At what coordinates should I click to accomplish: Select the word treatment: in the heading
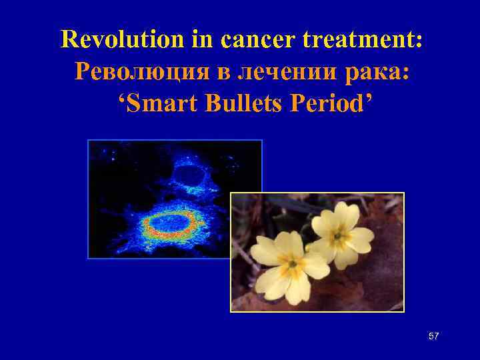pos(363,40)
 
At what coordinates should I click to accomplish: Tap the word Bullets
pos(237,102)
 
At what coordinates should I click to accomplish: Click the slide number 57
pos(433,336)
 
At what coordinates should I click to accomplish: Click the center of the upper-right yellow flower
pos(340,233)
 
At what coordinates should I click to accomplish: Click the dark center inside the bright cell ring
pos(170,224)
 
